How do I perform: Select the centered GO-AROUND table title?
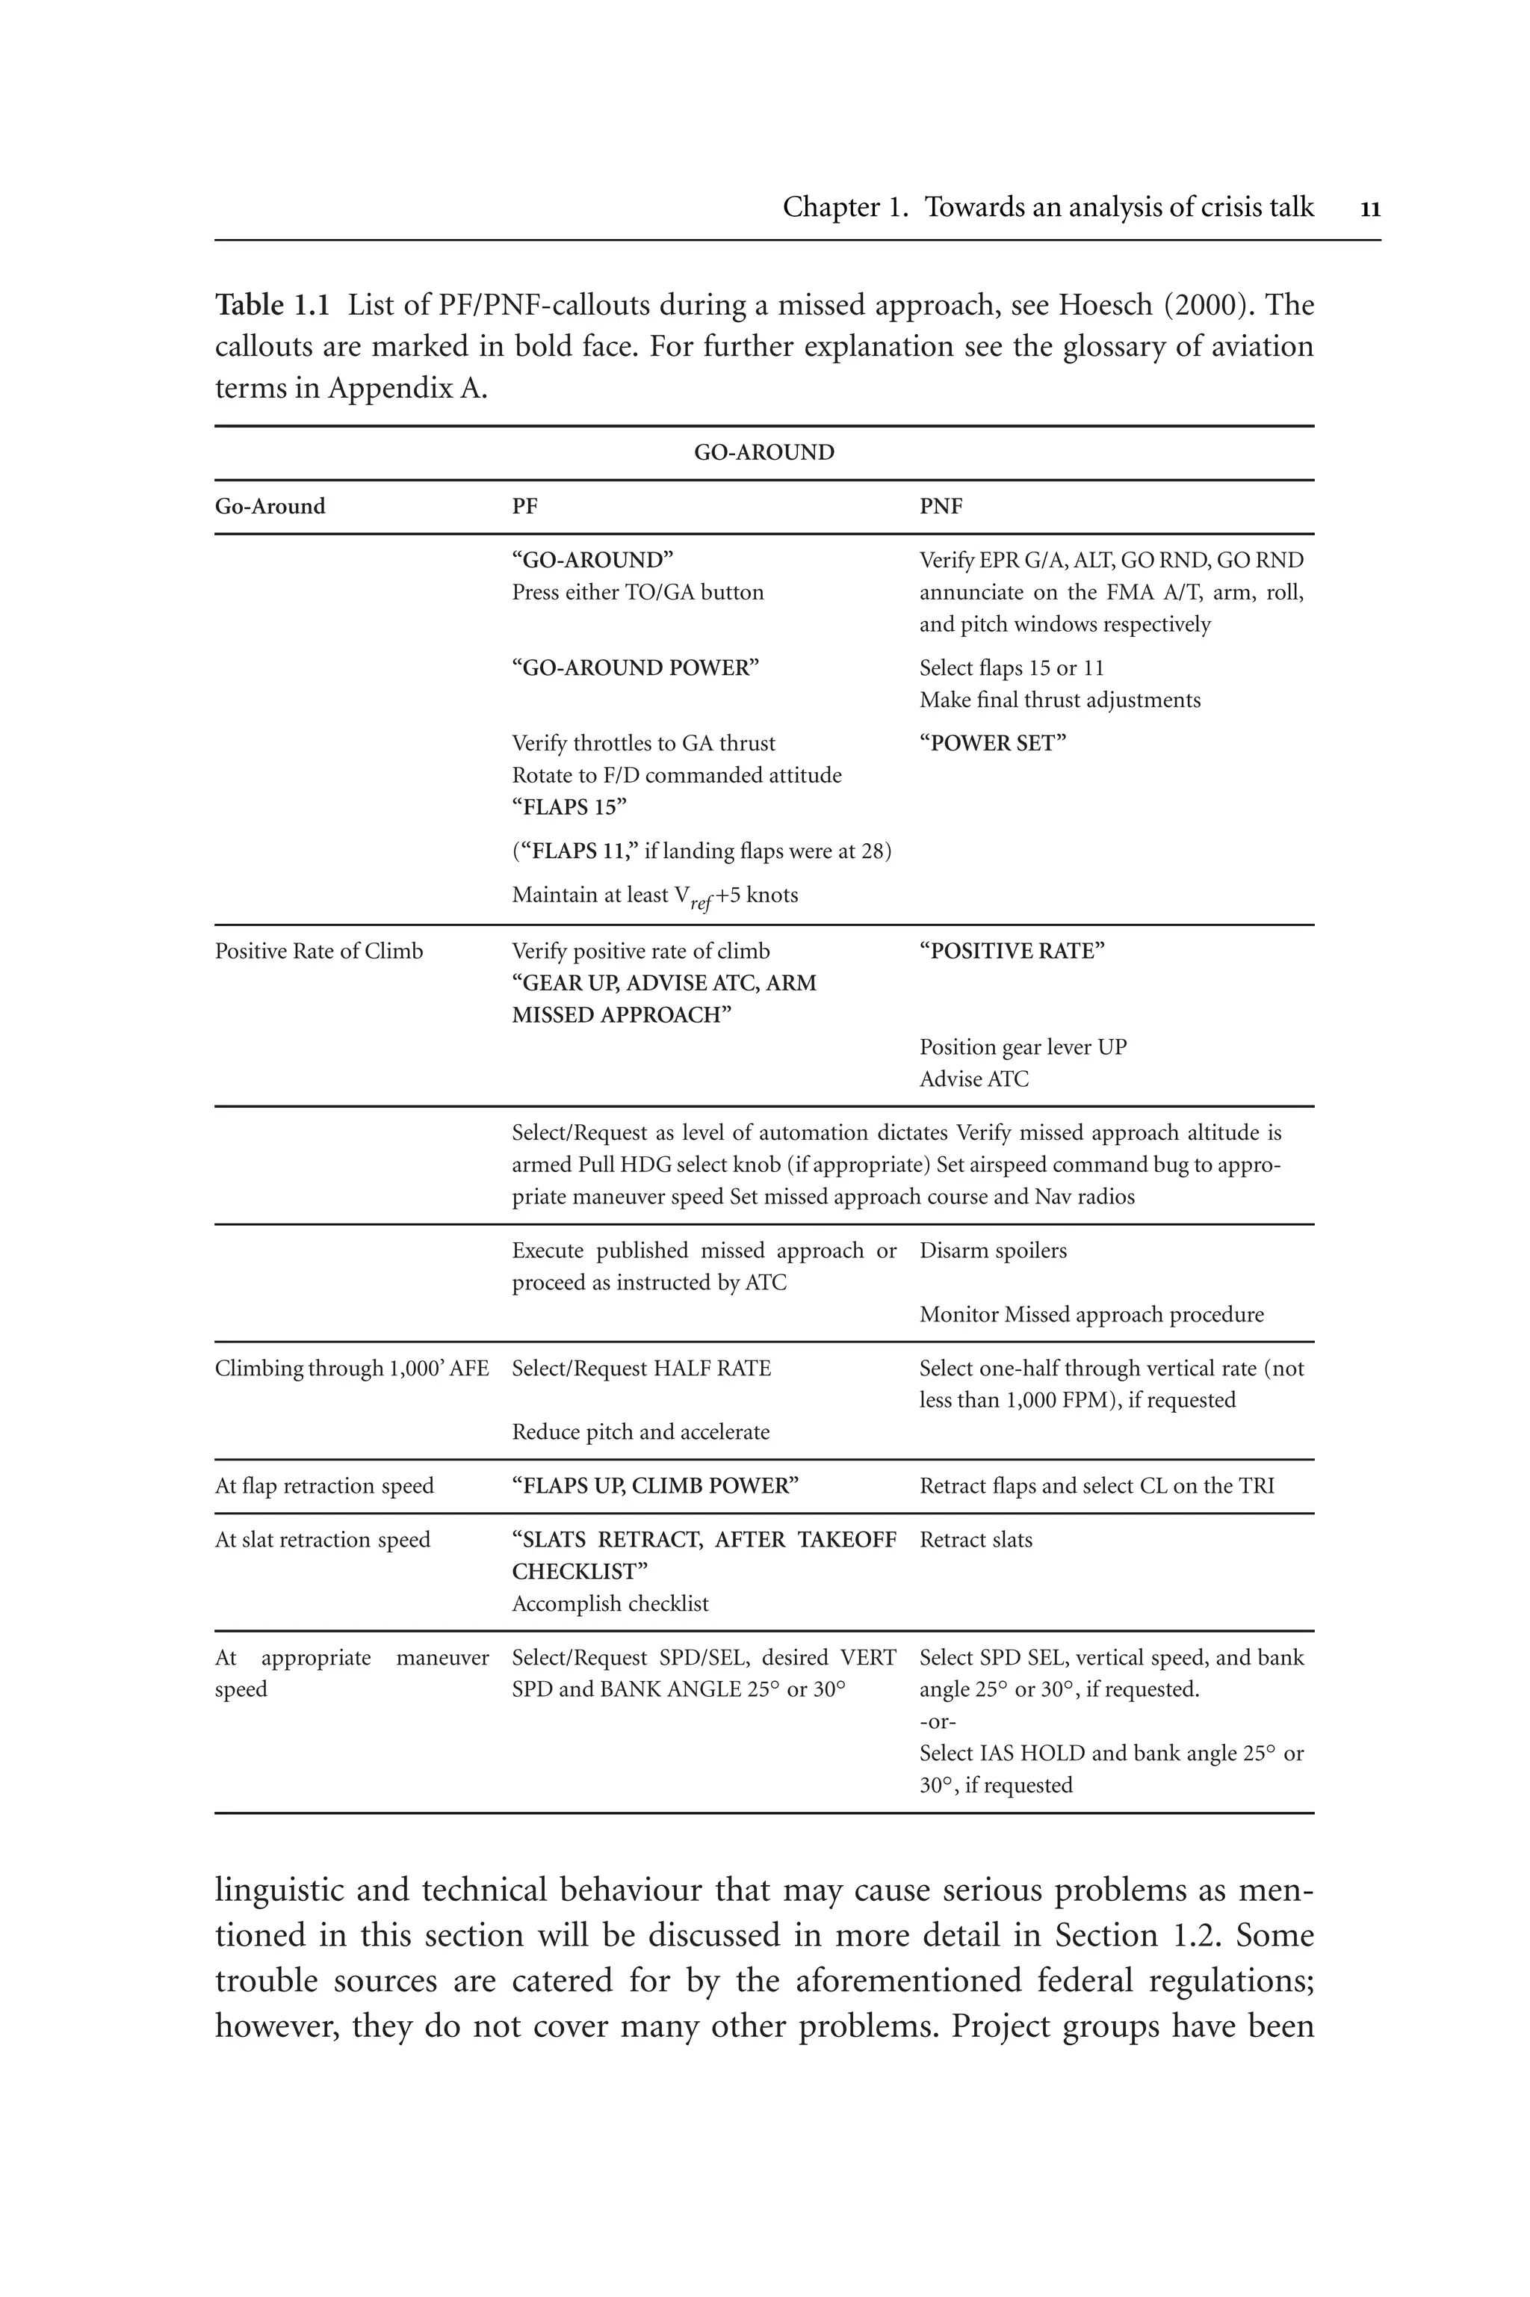click(764, 453)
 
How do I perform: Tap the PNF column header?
click(941, 507)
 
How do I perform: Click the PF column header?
click(525, 507)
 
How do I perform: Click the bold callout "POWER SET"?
click(992, 744)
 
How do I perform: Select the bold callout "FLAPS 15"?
click(569, 807)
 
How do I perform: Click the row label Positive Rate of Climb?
click(318, 952)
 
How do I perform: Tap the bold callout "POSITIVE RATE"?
click(1011, 952)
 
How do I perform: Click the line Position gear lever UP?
click(1023, 1047)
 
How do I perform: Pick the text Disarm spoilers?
click(992, 1251)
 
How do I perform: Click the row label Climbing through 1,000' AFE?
click(351, 1369)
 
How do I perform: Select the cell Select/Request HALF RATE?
click(641, 1369)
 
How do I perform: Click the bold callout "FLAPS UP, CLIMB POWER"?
click(654, 1486)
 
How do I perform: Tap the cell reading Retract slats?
click(975, 1540)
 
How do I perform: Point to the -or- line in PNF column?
click(937, 1721)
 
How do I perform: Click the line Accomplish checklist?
click(610, 1604)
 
